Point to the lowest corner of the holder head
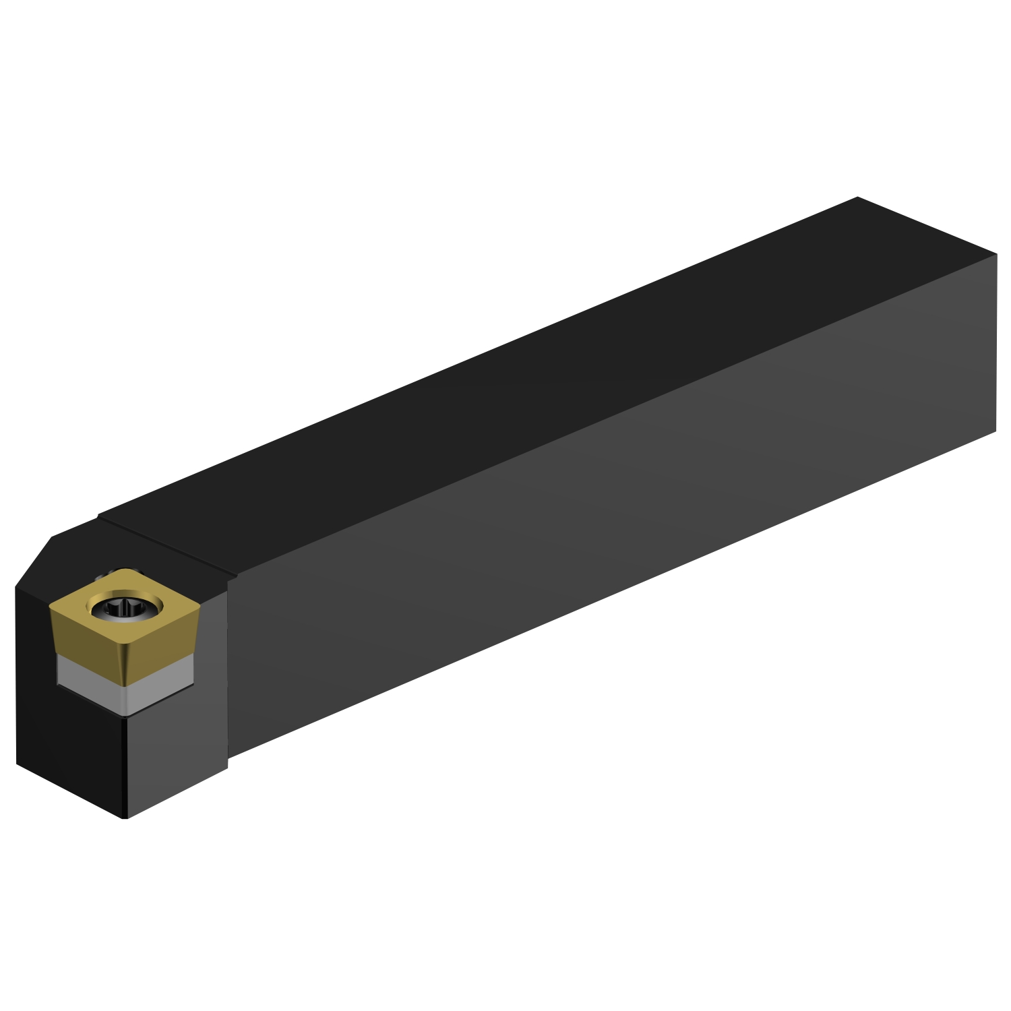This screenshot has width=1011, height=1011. pyautogui.click(x=125, y=818)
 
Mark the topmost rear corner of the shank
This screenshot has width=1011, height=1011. pyautogui.click(x=857, y=197)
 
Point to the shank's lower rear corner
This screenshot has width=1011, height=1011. pyautogui.click(x=995, y=431)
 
